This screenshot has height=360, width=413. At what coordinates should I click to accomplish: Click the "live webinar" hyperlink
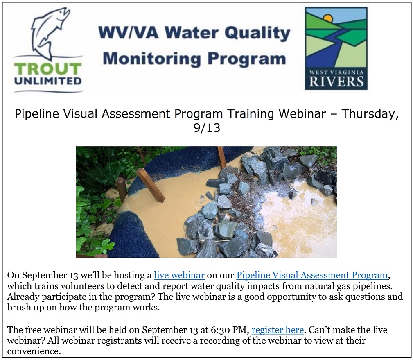(x=179, y=275)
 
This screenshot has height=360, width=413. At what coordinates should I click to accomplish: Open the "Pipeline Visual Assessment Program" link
(x=312, y=275)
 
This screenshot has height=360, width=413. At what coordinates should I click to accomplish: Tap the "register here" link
(x=278, y=330)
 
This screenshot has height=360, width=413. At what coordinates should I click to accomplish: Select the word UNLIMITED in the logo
(x=48, y=81)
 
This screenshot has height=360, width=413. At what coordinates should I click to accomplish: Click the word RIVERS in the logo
(x=336, y=82)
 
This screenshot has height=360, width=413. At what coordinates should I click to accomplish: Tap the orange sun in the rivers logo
(x=328, y=18)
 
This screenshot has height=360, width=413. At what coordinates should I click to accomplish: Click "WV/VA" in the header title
(x=129, y=33)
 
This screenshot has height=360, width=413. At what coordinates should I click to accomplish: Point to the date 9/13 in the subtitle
(x=207, y=128)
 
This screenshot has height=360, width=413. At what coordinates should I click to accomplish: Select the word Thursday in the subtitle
(x=370, y=114)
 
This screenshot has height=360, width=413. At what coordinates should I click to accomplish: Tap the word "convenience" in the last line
(x=34, y=351)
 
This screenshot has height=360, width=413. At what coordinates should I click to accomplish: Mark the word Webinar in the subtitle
(x=302, y=114)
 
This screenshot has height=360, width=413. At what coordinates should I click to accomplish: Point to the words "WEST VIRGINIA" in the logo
(x=336, y=72)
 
